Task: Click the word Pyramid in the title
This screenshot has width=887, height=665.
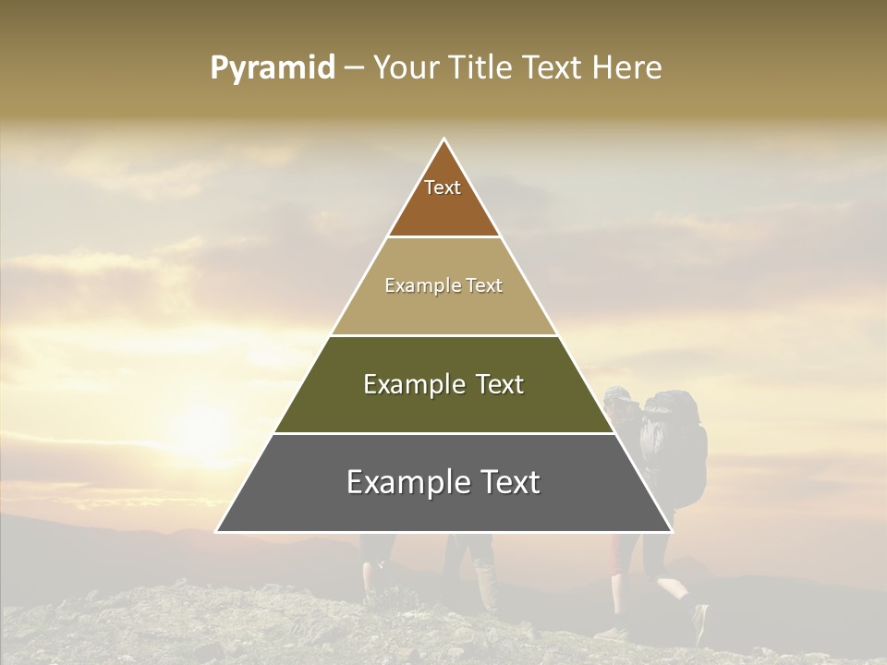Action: (x=272, y=68)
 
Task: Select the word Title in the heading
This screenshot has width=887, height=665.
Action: (x=485, y=68)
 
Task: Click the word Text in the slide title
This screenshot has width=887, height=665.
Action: (x=554, y=68)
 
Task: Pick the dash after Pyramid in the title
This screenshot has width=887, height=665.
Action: (x=354, y=68)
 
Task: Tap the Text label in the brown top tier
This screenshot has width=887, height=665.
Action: (x=443, y=187)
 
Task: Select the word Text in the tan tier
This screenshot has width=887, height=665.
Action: (x=485, y=285)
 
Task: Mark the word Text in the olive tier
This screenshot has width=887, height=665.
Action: (x=501, y=384)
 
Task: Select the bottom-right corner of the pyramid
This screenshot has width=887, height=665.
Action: (x=671, y=531)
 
